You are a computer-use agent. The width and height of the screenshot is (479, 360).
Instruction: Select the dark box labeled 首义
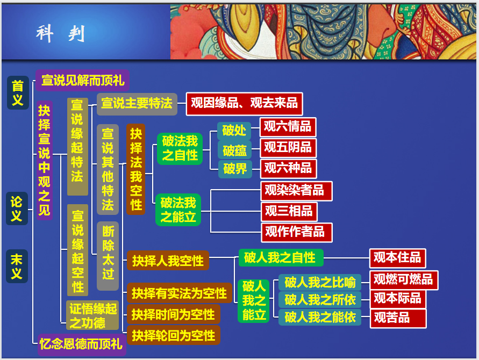18,93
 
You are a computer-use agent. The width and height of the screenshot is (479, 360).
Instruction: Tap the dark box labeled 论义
17,208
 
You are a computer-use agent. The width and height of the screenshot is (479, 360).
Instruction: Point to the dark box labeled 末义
17,267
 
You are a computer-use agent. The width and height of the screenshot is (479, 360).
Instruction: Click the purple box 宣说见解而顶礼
82,81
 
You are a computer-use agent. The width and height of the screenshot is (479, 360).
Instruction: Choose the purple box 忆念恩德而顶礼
82,344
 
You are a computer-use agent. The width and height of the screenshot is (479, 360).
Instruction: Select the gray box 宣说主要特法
137,104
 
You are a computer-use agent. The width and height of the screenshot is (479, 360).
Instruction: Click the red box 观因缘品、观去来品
245,104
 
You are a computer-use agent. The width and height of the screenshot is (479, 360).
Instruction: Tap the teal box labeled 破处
234,131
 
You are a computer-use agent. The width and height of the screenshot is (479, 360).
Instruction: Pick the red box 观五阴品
288,148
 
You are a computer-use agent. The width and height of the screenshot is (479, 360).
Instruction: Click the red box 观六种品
288,169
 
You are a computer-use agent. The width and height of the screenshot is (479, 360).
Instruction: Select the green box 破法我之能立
178,210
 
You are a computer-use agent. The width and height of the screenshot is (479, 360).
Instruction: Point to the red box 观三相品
289,212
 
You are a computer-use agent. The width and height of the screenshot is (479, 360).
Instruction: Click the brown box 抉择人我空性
168,261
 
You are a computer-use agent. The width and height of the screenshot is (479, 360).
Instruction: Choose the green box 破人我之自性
280,258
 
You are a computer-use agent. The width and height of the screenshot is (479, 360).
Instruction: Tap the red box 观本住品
397,258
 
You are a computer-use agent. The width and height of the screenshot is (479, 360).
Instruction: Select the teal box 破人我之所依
320,300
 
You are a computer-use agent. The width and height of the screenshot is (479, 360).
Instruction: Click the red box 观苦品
398,319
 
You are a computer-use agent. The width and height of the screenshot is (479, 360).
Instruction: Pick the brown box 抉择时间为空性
174,314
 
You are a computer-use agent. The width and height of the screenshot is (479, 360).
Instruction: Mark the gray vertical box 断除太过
108,256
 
